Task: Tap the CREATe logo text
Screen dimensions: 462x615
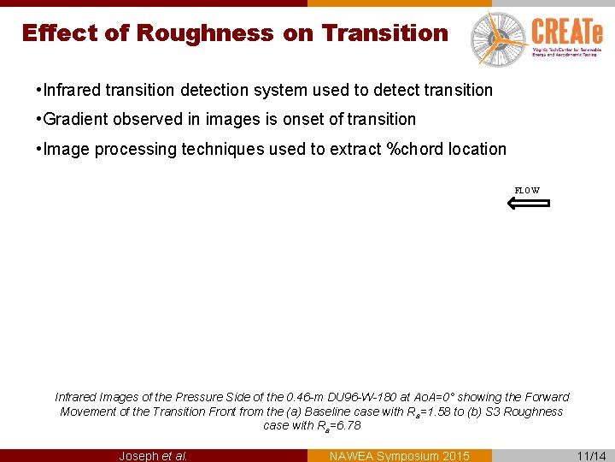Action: [566, 33]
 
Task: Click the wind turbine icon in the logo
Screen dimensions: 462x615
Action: [495, 38]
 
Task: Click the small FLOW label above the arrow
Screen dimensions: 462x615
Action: [527, 190]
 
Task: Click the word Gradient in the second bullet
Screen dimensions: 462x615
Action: [75, 119]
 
